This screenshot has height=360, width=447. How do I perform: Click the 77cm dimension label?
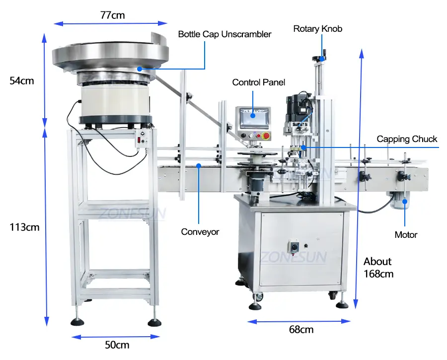pyautogui.click(x=113, y=15)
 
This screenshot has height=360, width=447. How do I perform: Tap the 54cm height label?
pyautogui.click(x=22, y=80)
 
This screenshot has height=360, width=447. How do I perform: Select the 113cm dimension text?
pyautogui.click(x=24, y=227)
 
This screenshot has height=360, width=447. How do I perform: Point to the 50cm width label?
pyautogui.click(x=117, y=345)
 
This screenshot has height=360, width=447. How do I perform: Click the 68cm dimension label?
pyautogui.click(x=301, y=330)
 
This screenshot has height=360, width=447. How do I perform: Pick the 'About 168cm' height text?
pyautogui.click(x=378, y=268)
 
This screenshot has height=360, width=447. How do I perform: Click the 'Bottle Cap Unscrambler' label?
pyautogui.click(x=224, y=34)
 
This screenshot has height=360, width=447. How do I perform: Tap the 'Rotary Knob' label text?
pyautogui.click(x=317, y=29)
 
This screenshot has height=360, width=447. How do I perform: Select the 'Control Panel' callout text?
pyautogui.click(x=259, y=82)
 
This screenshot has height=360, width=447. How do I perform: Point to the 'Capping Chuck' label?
pyautogui.click(x=407, y=139)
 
